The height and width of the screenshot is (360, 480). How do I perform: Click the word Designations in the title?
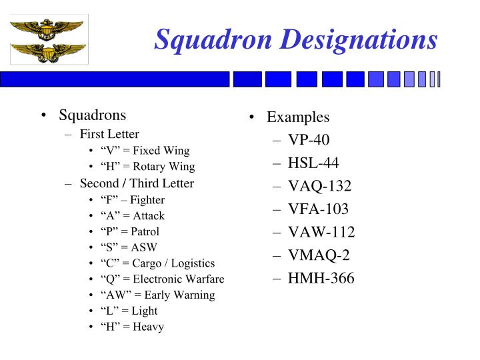point(357,39)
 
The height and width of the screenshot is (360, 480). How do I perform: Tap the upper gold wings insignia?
point(47,27)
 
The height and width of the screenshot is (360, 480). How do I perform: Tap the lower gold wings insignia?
point(48,52)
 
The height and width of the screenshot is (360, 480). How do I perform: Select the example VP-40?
point(309,140)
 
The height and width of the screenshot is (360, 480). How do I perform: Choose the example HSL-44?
point(313,163)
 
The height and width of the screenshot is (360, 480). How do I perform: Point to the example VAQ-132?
point(319,186)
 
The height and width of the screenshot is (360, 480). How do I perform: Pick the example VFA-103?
point(318,209)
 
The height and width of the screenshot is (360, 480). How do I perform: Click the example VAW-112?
point(321,232)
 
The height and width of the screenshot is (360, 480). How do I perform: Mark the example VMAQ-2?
point(319,255)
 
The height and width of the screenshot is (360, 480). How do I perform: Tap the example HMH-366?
point(321,278)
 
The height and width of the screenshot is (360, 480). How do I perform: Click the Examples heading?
point(298,117)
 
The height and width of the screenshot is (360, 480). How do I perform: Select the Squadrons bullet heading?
point(92,115)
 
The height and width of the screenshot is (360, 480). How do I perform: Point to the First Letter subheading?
point(109,134)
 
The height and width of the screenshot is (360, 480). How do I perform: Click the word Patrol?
point(145,232)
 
